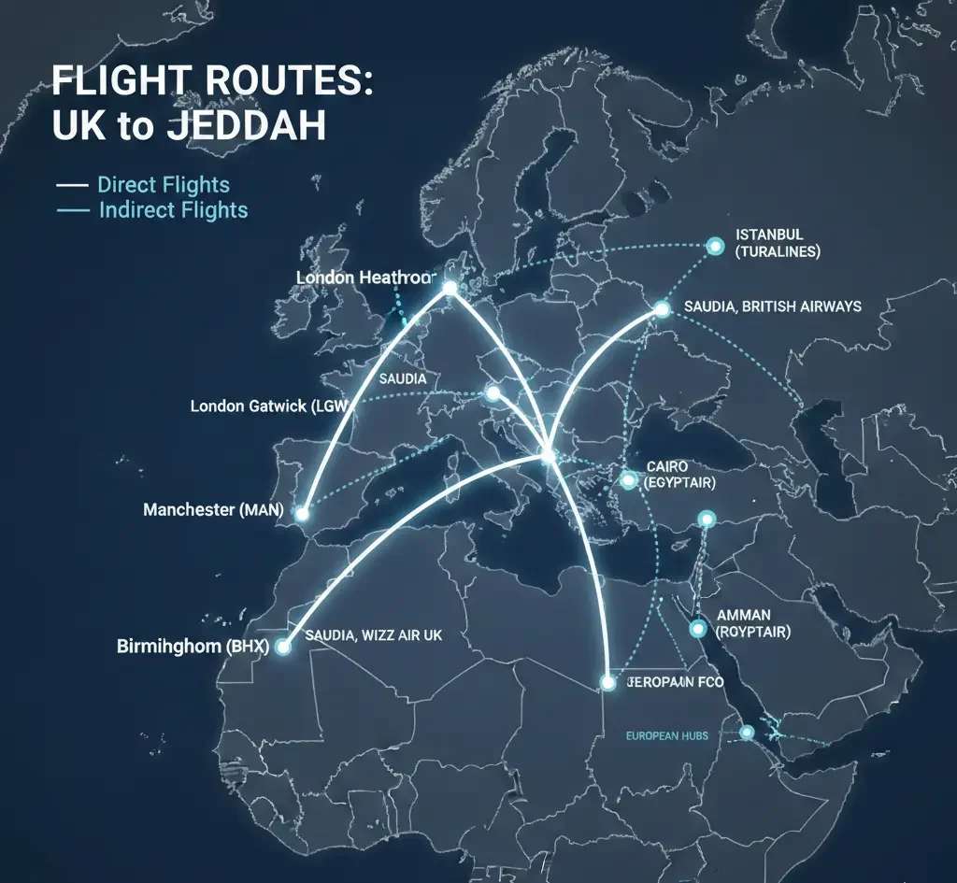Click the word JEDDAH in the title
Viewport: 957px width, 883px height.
click(245, 126)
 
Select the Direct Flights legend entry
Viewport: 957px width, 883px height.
click(163, 184)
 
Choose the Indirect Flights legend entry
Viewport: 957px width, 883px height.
click(173, 209)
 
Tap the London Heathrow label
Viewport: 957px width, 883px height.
click(365, 278)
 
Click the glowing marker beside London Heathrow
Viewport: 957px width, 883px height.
click(450, 289)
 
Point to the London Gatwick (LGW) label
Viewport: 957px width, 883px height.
click(265, 406)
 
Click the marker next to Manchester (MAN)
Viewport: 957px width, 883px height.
click(301, 514)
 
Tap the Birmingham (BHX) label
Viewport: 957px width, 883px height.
click(193, 646)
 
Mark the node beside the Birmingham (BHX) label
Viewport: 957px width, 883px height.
click(284, 646)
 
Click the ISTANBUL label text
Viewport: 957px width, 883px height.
click(769, 235)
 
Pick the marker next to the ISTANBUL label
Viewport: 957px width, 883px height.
click(715, 246)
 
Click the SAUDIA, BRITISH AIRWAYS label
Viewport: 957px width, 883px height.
click(773, 306)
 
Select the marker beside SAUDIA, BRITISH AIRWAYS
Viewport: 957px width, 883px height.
click(662, 308)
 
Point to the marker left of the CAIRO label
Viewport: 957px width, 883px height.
click(627, 480)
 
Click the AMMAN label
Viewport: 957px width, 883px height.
click(744, 615)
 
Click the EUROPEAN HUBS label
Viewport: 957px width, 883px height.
click(666, 735)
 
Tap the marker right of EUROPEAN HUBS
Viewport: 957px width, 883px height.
click(747, 733)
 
